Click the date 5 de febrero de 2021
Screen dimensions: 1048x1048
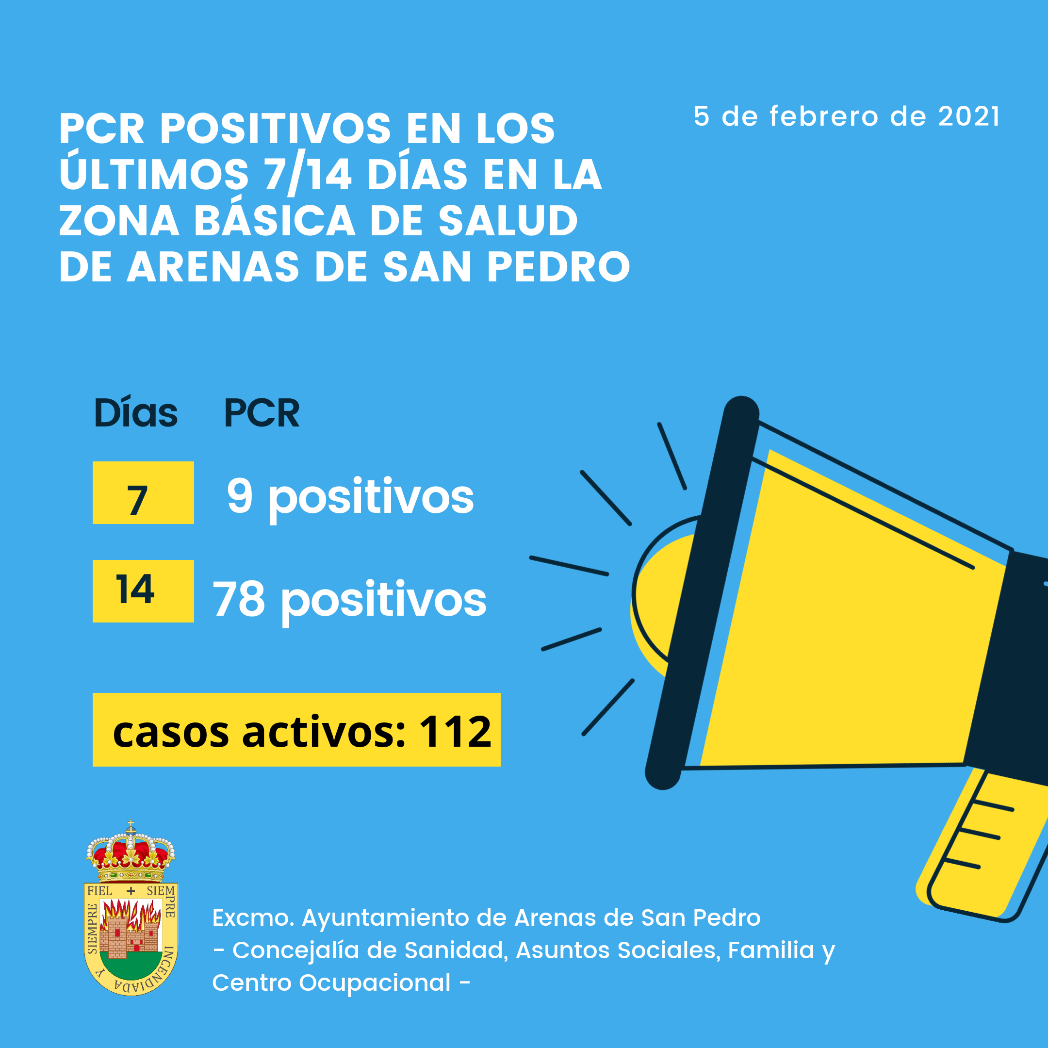click(x=846, y=116)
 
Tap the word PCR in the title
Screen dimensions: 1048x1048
click(x=102, y=129)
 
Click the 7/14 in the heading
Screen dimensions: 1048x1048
click(x=308, y=176)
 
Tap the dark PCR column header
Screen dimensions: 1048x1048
click(x=262, y=413)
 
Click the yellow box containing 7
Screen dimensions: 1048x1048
click(x=143, y=492)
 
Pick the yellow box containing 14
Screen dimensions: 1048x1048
click(x=143, y=591)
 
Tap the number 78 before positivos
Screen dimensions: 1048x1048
click(x=239, y=599)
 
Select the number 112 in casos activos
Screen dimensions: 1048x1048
click(x=455, y=731)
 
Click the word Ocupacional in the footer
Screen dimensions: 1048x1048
click(x=375, y=983)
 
